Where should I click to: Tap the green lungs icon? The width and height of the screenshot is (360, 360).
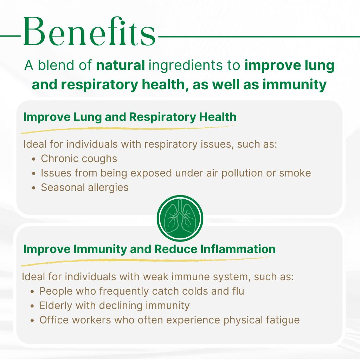click(180, 218)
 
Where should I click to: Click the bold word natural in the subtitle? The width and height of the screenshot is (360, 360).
click(120, 66)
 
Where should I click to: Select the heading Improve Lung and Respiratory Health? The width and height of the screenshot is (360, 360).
click(130, 117)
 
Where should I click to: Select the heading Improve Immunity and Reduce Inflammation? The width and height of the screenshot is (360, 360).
click(149, 249)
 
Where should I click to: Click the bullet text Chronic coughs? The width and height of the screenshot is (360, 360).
click(79, 159)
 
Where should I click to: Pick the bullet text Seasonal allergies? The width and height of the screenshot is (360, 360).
click(84, 187)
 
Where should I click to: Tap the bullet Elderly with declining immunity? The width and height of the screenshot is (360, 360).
click(114, 306)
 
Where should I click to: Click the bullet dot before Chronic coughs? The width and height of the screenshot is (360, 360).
click(34, 159)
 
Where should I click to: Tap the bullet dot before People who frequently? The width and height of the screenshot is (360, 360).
click(32, 291)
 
